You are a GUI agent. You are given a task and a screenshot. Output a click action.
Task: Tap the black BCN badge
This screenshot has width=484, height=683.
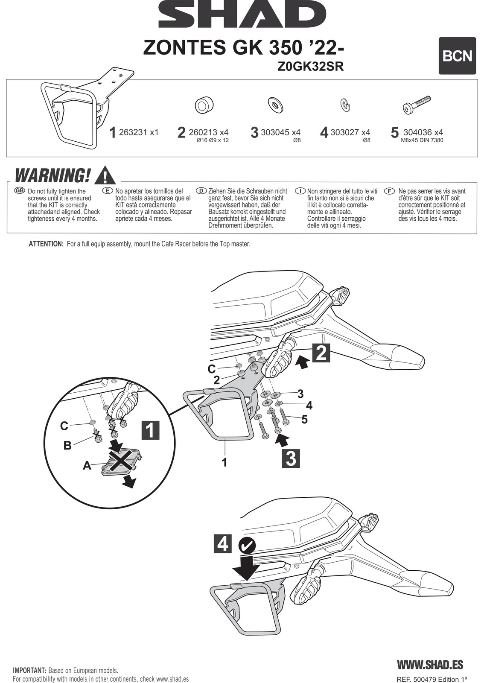[457, 56]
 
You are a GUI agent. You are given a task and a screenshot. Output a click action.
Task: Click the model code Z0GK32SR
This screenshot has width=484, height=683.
[310, 67]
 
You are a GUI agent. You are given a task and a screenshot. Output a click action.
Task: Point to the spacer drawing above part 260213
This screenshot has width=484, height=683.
[204, 105]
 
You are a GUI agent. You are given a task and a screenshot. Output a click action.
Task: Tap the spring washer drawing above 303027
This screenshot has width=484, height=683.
[345, 105]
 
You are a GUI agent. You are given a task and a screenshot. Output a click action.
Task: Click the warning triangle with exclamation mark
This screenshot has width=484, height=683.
[105, 175]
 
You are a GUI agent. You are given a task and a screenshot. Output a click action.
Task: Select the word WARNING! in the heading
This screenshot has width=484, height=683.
[52, 175]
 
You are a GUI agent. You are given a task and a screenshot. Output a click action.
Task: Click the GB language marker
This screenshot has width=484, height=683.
[20, 190]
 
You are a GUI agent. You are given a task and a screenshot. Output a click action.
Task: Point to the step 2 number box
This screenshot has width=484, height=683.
[321, 353]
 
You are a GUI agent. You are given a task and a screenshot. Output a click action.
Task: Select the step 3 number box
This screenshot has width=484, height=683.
[290, 458]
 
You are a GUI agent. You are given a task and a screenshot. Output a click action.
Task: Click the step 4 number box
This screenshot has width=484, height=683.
[223, 544]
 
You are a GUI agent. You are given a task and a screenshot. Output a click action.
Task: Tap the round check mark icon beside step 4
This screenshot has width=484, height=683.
[247, 545]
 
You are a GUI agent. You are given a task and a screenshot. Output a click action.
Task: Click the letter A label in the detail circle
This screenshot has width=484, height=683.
[87, 466]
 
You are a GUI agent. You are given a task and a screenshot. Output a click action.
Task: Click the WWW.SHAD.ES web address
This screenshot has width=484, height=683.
[430, 665]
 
